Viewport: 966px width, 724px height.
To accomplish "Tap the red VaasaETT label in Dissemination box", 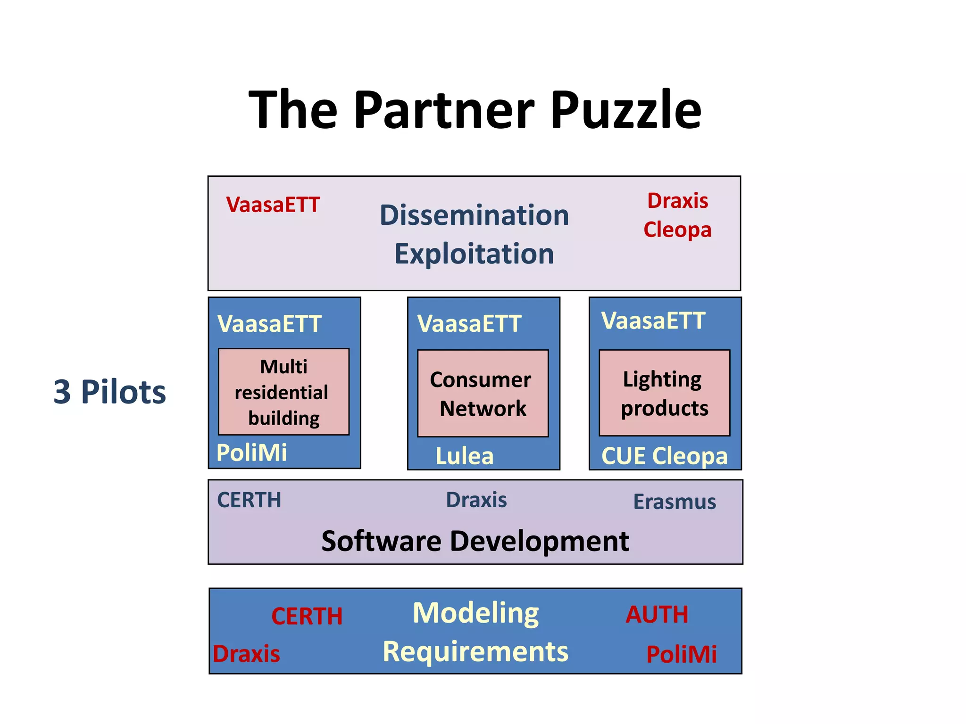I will coord(273,205).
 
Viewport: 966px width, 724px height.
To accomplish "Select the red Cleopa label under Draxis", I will coord(677,230).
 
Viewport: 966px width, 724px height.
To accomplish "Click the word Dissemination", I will coord(474,215).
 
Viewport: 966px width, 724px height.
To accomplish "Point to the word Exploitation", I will coord(474,254).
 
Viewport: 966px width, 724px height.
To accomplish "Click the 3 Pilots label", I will coord(109,392).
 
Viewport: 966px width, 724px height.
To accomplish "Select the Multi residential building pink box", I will coord(283,392).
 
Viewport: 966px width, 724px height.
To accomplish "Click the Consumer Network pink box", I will coord(483,394).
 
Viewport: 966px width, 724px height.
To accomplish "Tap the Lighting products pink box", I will coord(664,393).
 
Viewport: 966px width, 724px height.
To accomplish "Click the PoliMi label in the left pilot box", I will coord(251,452).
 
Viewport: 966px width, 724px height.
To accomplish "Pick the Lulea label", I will coord(464,456).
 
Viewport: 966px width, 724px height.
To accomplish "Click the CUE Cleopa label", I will coord(664,456).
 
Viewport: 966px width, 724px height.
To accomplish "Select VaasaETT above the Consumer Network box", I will coord(469,324).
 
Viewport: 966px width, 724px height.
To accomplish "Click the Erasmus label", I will coord(675,502).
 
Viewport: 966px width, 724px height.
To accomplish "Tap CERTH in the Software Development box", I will coord(249,500).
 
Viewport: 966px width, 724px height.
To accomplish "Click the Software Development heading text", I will coord(475,541).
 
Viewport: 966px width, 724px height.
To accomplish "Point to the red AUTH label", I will coord(657,615).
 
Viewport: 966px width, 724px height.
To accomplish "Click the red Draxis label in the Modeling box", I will coord(246,654).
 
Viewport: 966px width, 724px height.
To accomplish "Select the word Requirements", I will coord(475,652).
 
